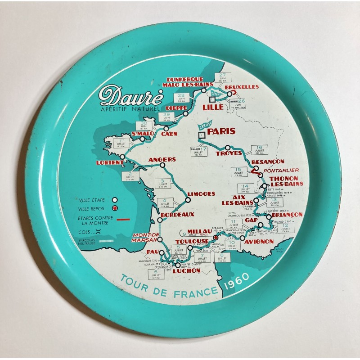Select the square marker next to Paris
click(x=202, y=134)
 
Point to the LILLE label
click(x=213, y=107)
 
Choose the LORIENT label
click(x=110, y=163)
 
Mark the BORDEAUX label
click(x=177, y=214)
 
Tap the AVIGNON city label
click(x=259, y=241)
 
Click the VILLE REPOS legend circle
click(x=115, y=208)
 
